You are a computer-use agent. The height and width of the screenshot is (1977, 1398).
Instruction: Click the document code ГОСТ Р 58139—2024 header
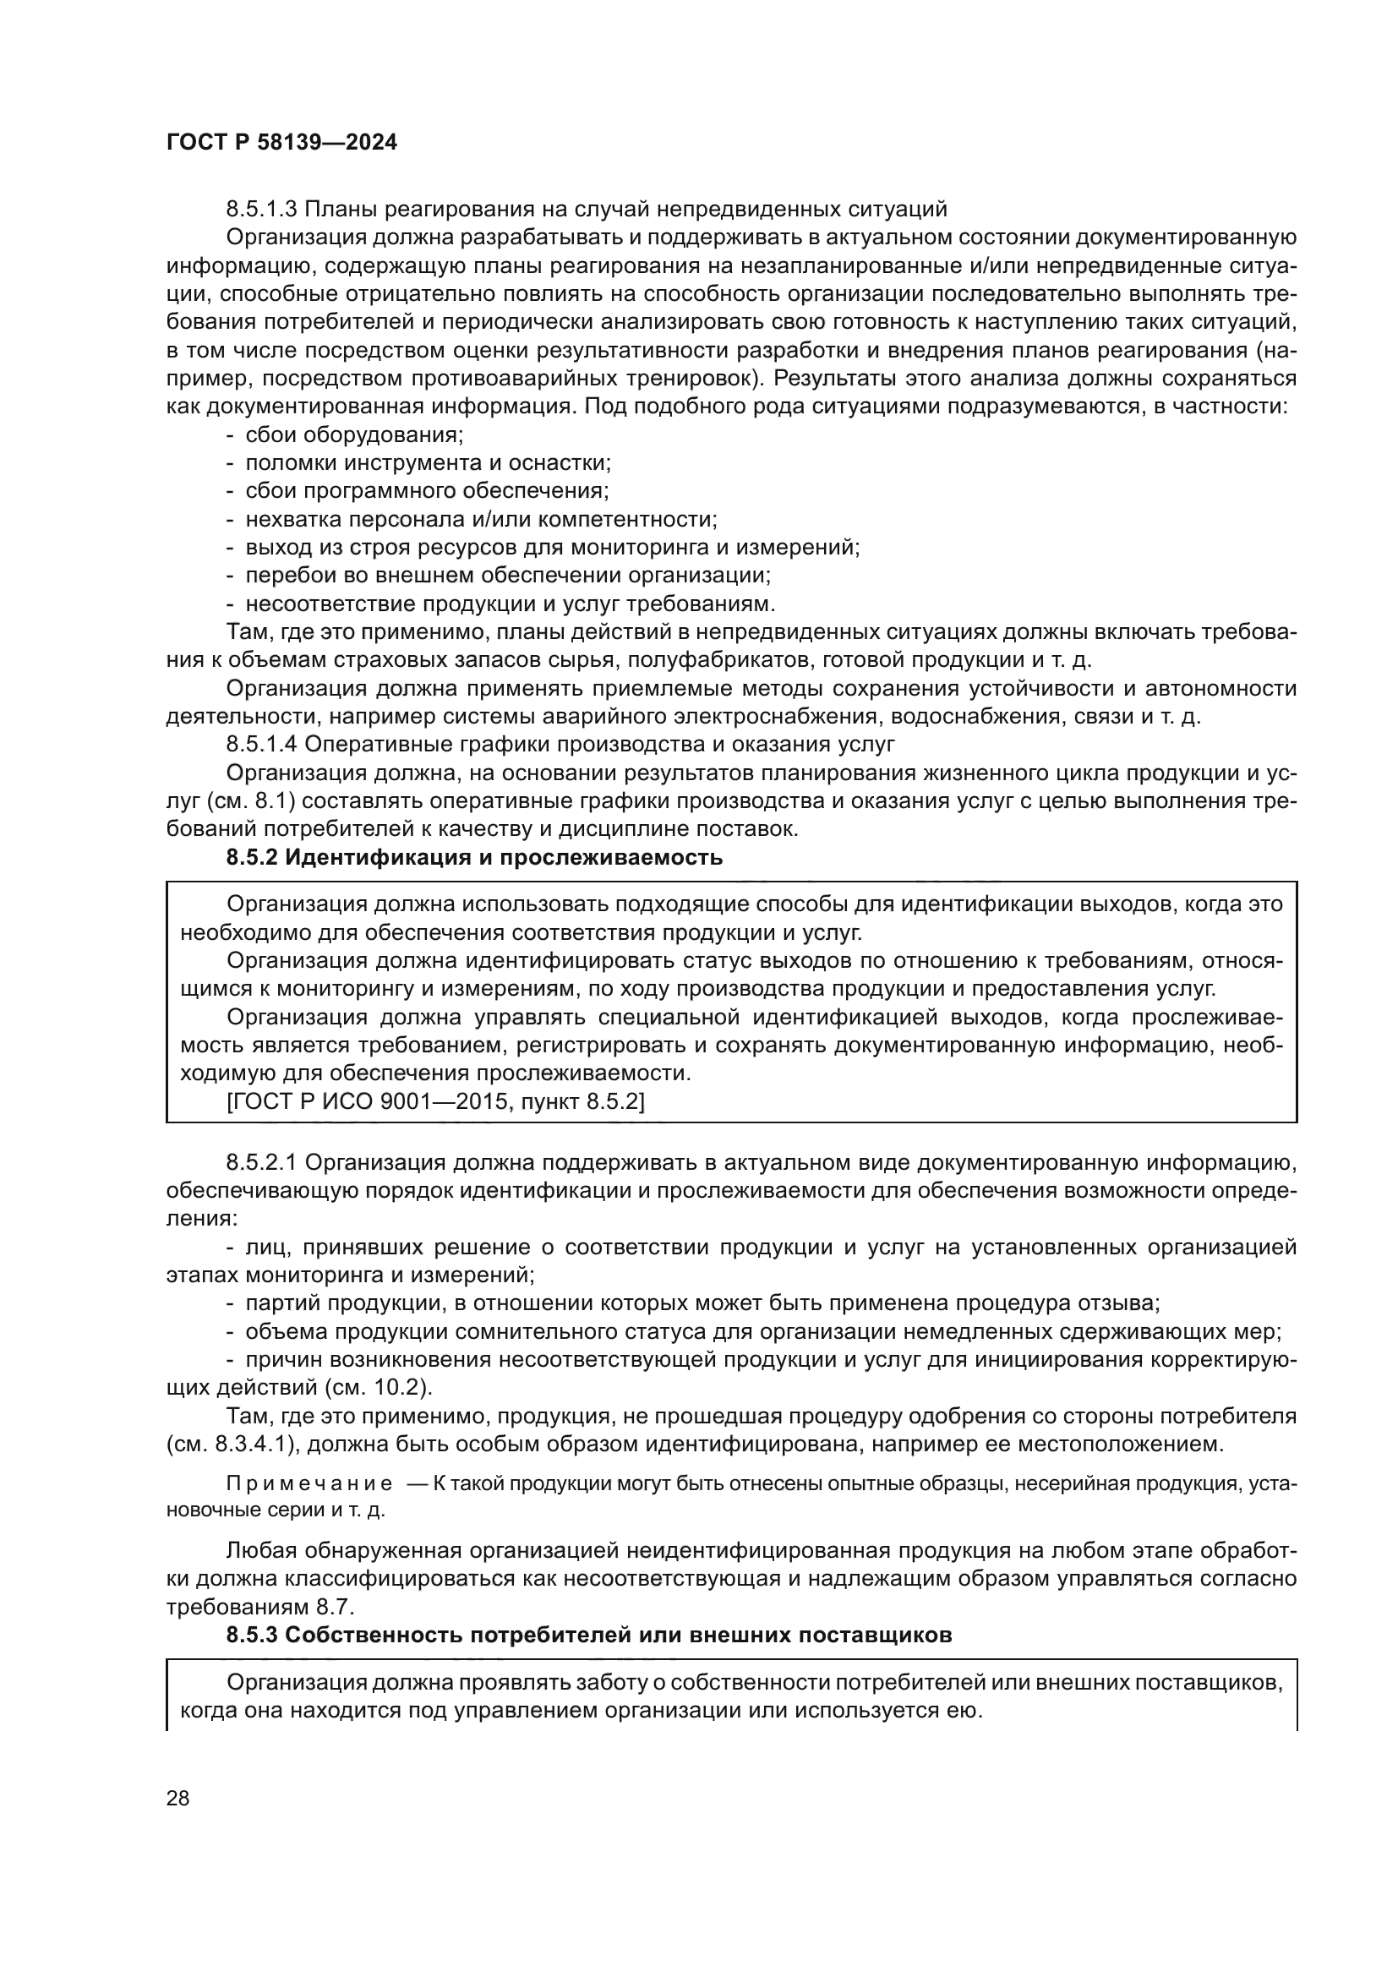281,143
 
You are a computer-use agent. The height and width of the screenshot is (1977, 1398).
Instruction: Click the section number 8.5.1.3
262,210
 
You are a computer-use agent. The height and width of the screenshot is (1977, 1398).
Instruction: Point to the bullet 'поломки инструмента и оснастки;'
428,463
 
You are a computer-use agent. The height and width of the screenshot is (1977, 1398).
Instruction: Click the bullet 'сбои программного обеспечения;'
427,491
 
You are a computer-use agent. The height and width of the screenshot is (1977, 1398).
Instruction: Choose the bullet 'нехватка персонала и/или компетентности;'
481,519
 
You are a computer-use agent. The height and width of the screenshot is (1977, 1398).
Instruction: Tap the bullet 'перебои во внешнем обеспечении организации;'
508,576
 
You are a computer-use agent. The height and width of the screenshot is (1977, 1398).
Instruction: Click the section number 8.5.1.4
262,744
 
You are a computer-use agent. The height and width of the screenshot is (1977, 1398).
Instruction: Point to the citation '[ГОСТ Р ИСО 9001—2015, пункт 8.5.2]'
434,1102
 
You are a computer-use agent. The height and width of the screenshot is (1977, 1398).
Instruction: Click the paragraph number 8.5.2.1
262,1162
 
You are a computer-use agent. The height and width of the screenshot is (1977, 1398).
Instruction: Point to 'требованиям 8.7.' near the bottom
260,1607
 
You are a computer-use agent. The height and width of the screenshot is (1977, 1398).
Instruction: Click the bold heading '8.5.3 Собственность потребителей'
589,1636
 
